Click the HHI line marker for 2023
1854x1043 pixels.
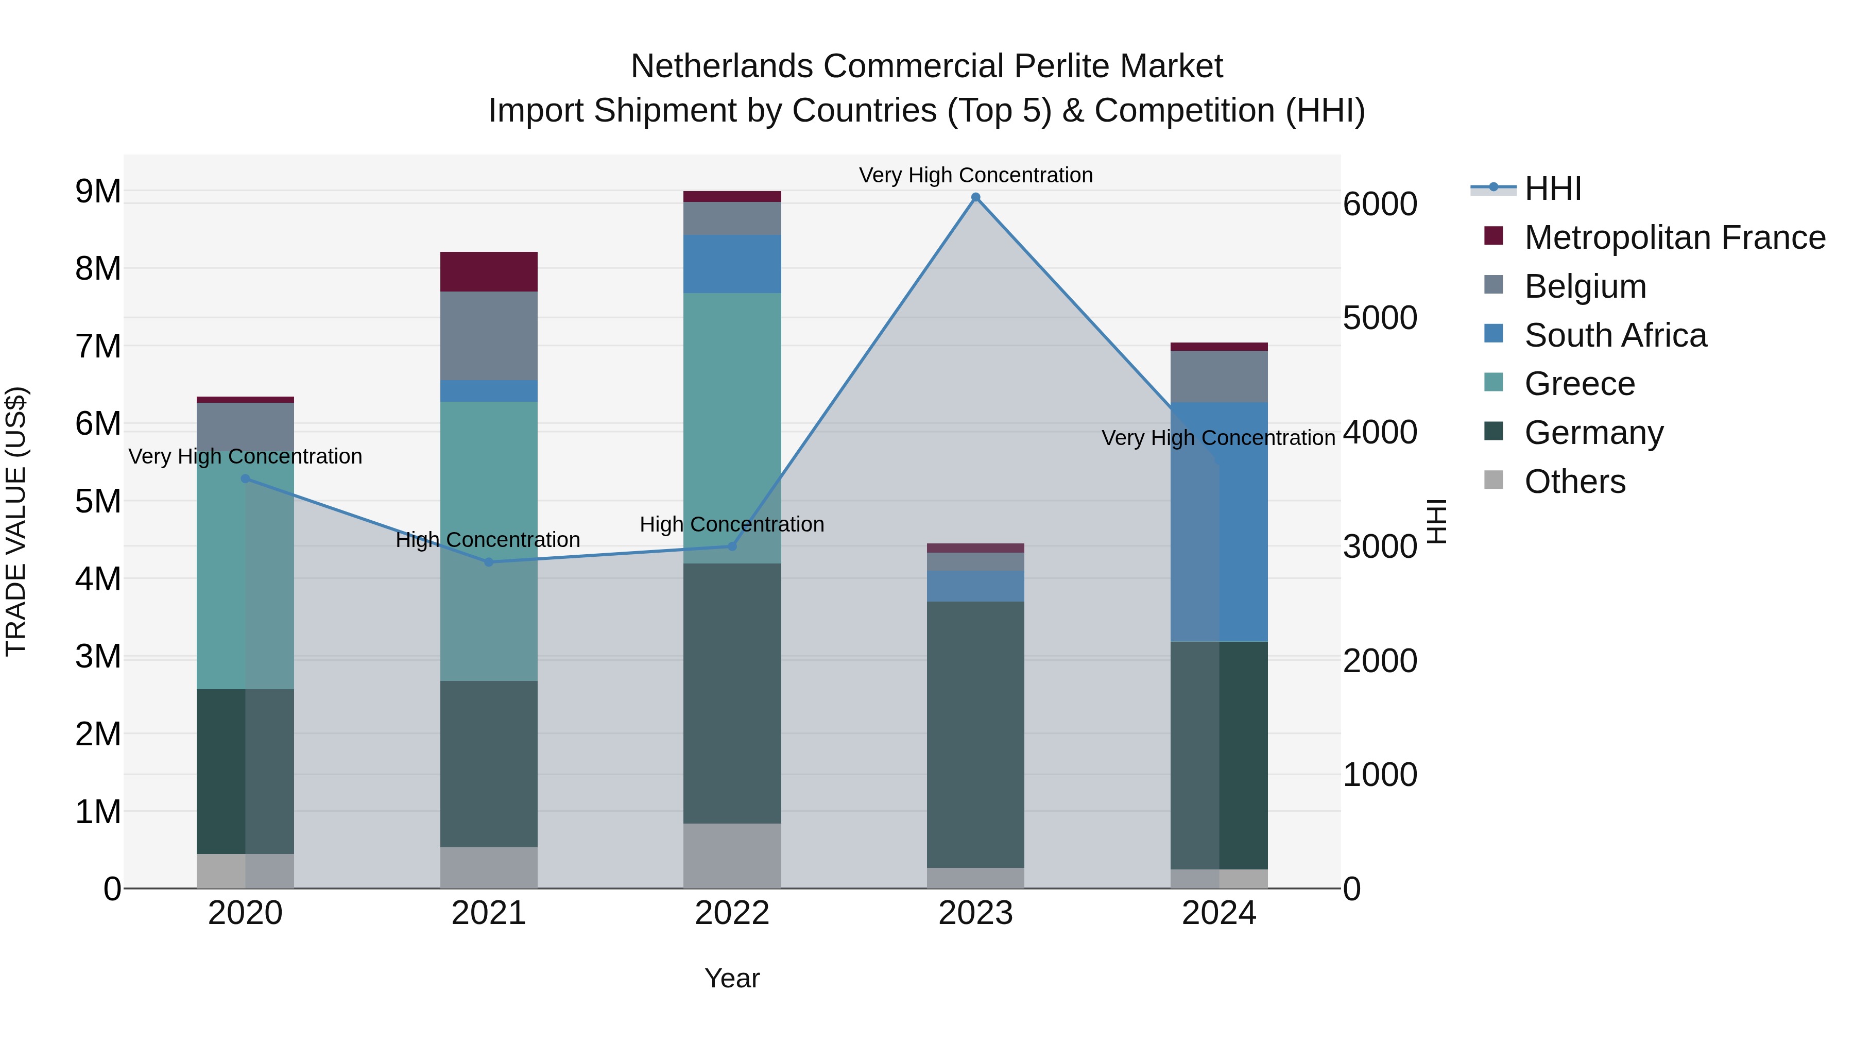click(975, 197)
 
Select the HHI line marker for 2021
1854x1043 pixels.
click(489, 562)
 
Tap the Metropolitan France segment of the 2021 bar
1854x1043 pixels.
click(489, 271)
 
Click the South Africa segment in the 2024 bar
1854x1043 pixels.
click(1218, 521)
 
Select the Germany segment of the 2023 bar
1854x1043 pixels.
click(975, 734)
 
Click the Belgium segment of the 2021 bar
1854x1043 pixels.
click(489, 335)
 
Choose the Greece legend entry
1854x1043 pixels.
click(1579, 384)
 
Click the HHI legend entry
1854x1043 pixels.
click(1552, 189)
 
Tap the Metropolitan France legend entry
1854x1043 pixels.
click(1674, 237)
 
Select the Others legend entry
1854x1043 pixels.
click(1574, 482)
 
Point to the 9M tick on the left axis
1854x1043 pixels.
click(98, 192)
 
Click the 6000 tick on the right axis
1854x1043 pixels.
click(1380, 204)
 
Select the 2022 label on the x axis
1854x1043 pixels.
click(732, 913)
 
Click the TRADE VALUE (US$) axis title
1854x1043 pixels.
click(16, 521)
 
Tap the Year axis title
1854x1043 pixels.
click(732, 978)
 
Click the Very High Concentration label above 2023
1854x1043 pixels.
click(975, 175)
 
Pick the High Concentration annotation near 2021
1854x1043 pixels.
click(488, 540)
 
